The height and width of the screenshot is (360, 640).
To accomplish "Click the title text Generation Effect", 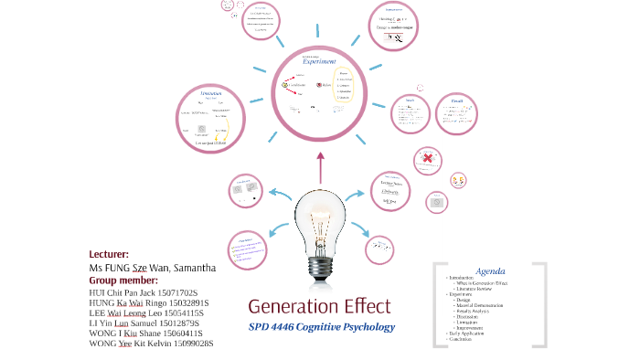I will coord(319,305).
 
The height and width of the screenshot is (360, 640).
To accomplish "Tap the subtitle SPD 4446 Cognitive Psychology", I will coord(322,327).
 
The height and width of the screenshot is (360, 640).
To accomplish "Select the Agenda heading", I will coord(490,270).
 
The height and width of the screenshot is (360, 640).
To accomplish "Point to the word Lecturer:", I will coord(109,254).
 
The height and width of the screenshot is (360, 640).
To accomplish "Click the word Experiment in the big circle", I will coord(313,61).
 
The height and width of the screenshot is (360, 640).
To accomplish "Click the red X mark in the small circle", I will coord(426,161).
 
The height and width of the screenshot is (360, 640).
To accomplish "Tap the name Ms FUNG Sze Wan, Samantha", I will coord(152,268).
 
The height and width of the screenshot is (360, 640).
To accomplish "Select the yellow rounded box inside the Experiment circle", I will coord(344,84).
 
